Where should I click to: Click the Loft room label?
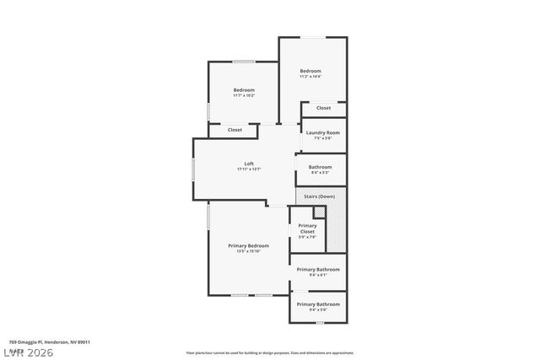pyautogui.click(x=249, y=164)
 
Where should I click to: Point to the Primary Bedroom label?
pyautogui.click(x=248, y=245)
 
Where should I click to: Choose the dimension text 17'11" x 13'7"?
pyautogui.click(x=249, y=169)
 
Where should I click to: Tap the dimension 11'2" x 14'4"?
pyautogui.click(x=310, y=77)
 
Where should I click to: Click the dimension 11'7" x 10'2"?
pyautogui.click(x=244, y=95)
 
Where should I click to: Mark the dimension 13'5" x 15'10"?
pyautogui.click(x=248, y=251)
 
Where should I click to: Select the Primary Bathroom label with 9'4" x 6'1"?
pyautogui.click(x=318, y=269)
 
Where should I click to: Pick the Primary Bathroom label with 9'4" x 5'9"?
pyautogui.click(x=318, y=304)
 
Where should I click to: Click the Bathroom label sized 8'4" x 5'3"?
pyautogui.click(x=320, y=167)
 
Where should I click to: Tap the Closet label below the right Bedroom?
pyautogui.click(x=323, y=108)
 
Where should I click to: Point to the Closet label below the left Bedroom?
pyautogui.click(x=235, y=130)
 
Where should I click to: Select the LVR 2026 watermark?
pyautogui.click(x=30, y=352)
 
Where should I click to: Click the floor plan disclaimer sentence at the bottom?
pyautogui.click(x=270, y=353)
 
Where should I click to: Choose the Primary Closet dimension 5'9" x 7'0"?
pyautogui.click(x=308, y=237)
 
